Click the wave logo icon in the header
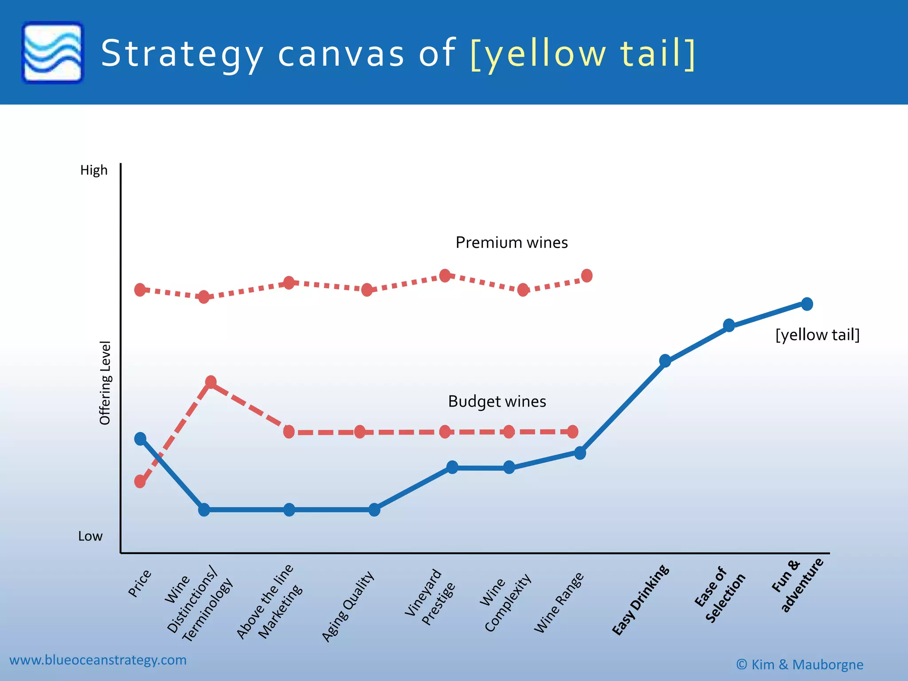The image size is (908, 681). pos(52,52)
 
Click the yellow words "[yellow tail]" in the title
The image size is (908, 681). pos(582,54)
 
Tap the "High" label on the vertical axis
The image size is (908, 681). pos(94,170)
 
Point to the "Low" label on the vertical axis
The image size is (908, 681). pos(90,536)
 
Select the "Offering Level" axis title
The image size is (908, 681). pos(105,383)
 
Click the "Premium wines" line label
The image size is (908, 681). pos(512,243)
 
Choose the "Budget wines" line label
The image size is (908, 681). pos(497,401)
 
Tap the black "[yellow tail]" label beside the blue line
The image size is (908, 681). pos(817,335)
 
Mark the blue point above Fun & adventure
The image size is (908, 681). pos(807,304)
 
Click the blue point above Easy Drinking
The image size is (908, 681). pos(665,361)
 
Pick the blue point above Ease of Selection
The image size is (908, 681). pos(729,325)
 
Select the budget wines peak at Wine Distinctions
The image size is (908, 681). pos(211,382)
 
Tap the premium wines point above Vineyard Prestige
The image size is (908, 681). pos(445,275)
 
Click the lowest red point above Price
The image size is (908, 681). pos(140,481)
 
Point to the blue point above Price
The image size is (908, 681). pos(140,439)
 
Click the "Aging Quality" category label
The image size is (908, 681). pos(348,606)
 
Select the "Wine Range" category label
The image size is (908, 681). pos(559,603)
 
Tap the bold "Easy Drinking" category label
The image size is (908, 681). pos(641,599)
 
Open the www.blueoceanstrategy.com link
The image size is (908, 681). pos(98,660)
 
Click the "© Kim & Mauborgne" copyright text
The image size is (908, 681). pos(799,665)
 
